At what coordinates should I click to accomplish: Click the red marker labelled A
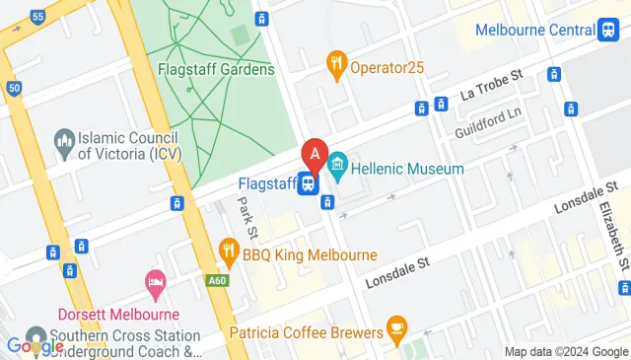tap(315, 155)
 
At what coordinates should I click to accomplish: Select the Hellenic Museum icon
tap(338, 161)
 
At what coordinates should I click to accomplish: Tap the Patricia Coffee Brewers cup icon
tap(396, 324)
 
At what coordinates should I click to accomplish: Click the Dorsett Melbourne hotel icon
tap(155, 281)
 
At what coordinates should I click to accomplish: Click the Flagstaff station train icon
tap(308, 182)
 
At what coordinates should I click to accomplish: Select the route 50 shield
tap(13, 88)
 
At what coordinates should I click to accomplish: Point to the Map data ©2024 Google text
tap(566, 352)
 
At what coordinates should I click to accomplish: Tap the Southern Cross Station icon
tap(35, 335)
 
